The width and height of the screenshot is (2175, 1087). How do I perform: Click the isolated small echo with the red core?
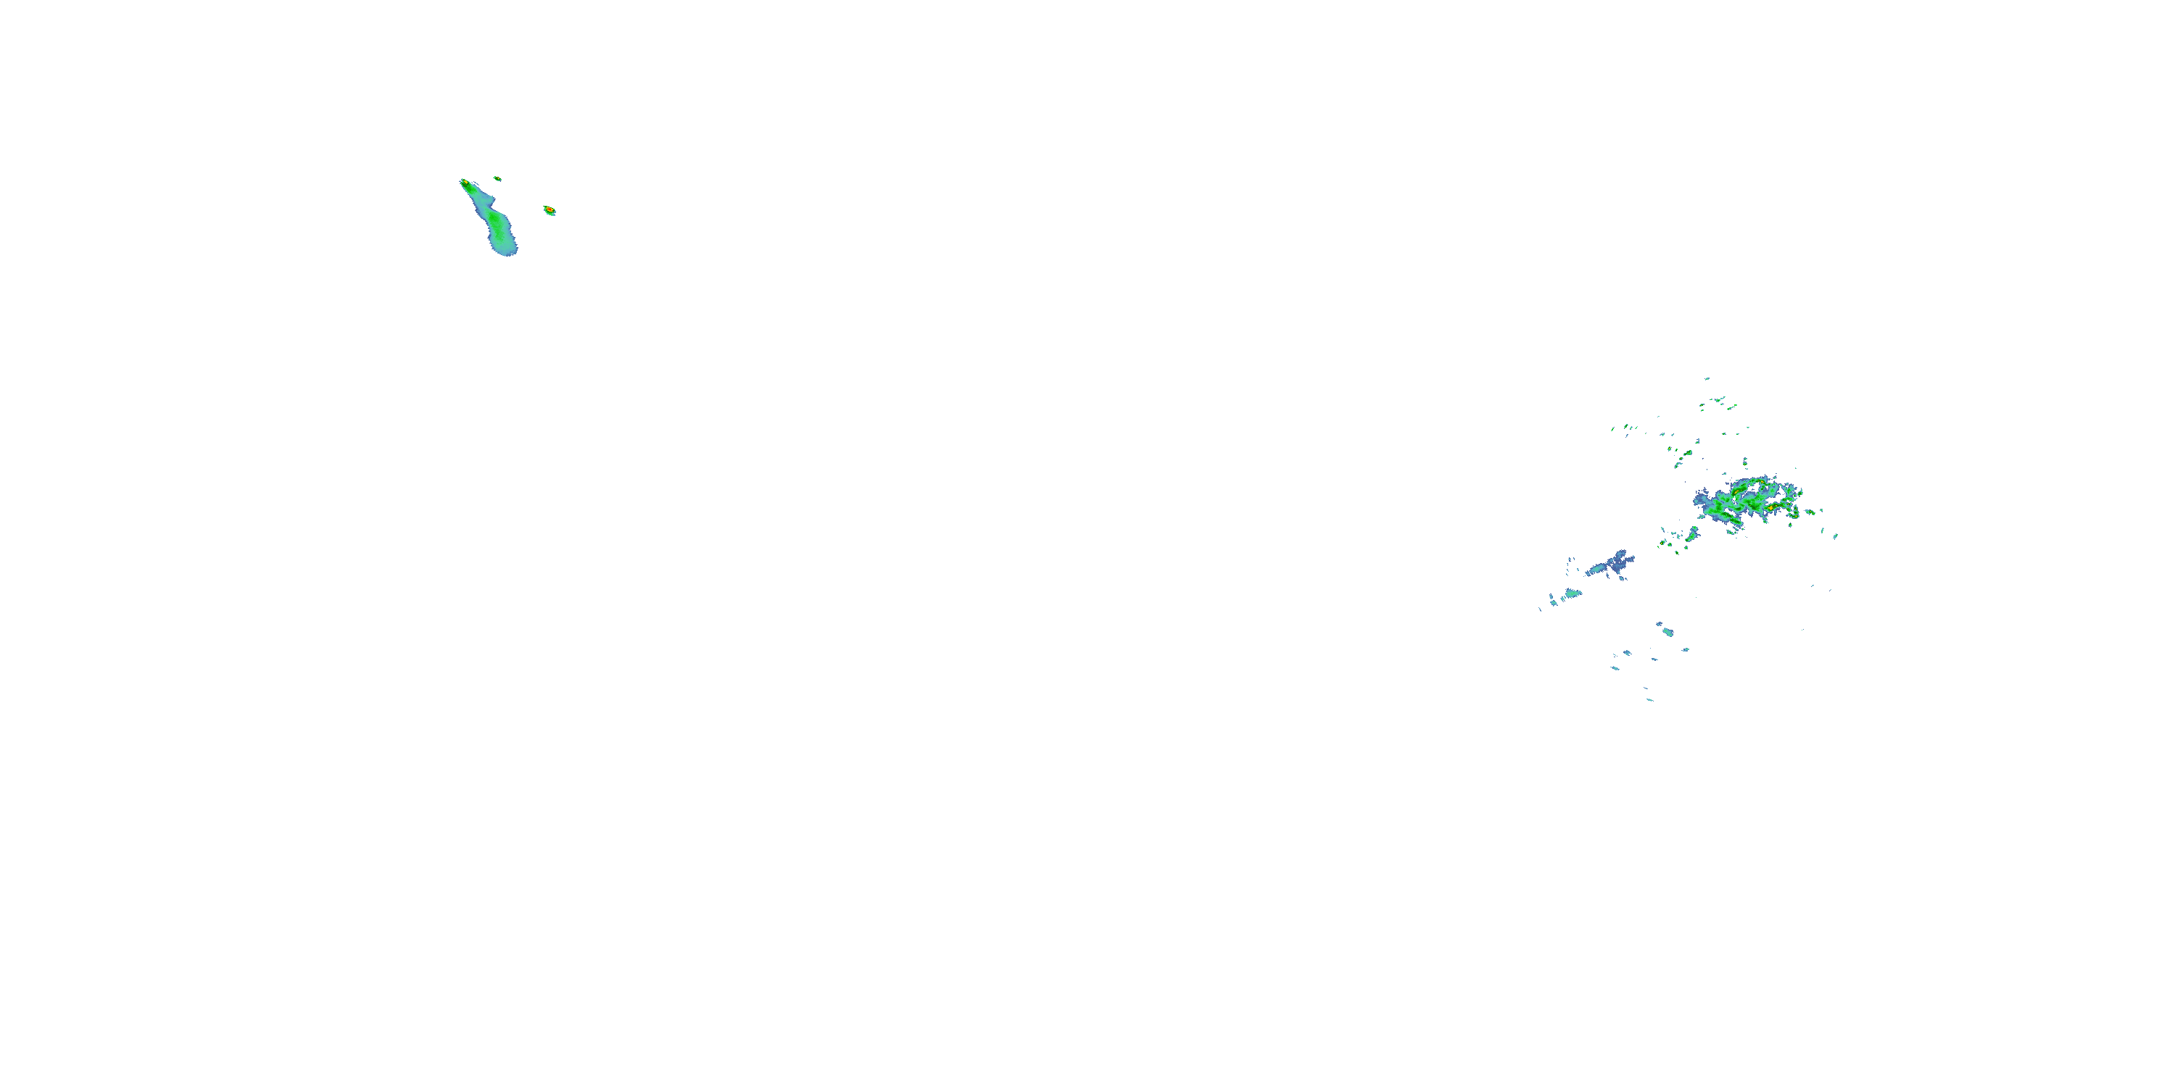pos(549,209)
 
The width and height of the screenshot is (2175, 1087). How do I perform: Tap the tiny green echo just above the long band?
pos(497,179)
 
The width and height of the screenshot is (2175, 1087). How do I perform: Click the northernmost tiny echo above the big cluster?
pos(1707,379)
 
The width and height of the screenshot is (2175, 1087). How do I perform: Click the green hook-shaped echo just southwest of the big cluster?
pos(1691,534)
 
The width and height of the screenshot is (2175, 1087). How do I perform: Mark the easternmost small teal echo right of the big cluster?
pos(1836,536)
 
